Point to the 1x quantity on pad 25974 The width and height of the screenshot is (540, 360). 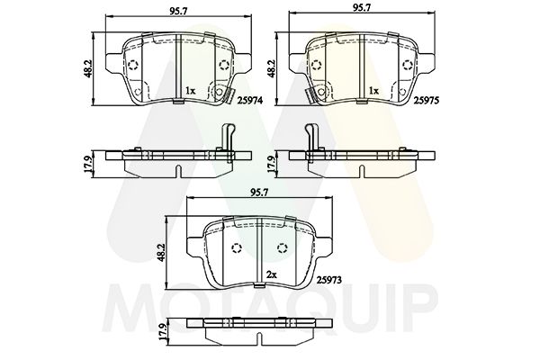coord(189,91)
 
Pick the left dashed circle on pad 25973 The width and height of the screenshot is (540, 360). coord(238,249)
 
